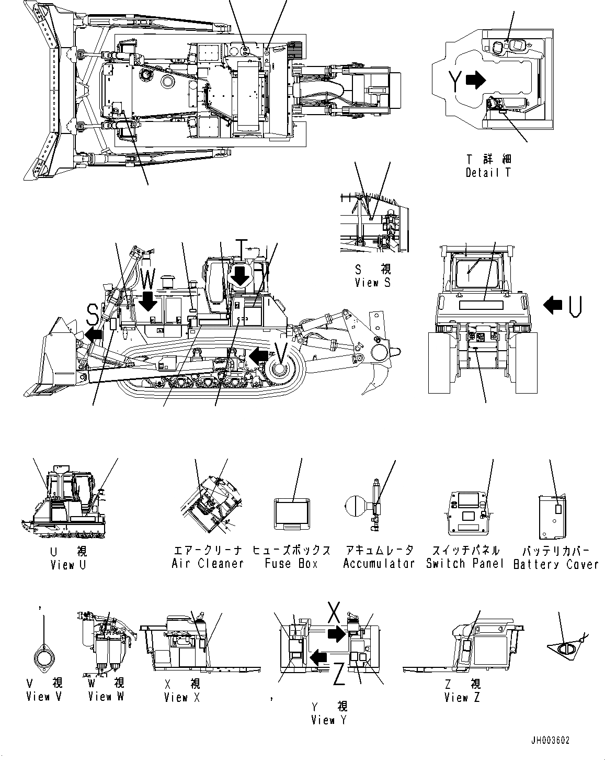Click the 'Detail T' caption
click(x=488, y=172)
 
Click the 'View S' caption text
click(x=372, y=283)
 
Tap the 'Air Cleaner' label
click(x=208, y=564)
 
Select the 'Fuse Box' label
click(x=291, y=564)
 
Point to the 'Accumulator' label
click(x=379, y=564)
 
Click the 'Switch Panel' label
click(x=465, y=564)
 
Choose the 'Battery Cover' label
click(x=556, y=564)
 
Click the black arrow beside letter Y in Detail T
click(x=475, y=80)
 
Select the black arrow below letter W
click(x=148, y=302)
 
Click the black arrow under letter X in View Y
click(x=336, y=634)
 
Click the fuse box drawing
click(x=292, y=513)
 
